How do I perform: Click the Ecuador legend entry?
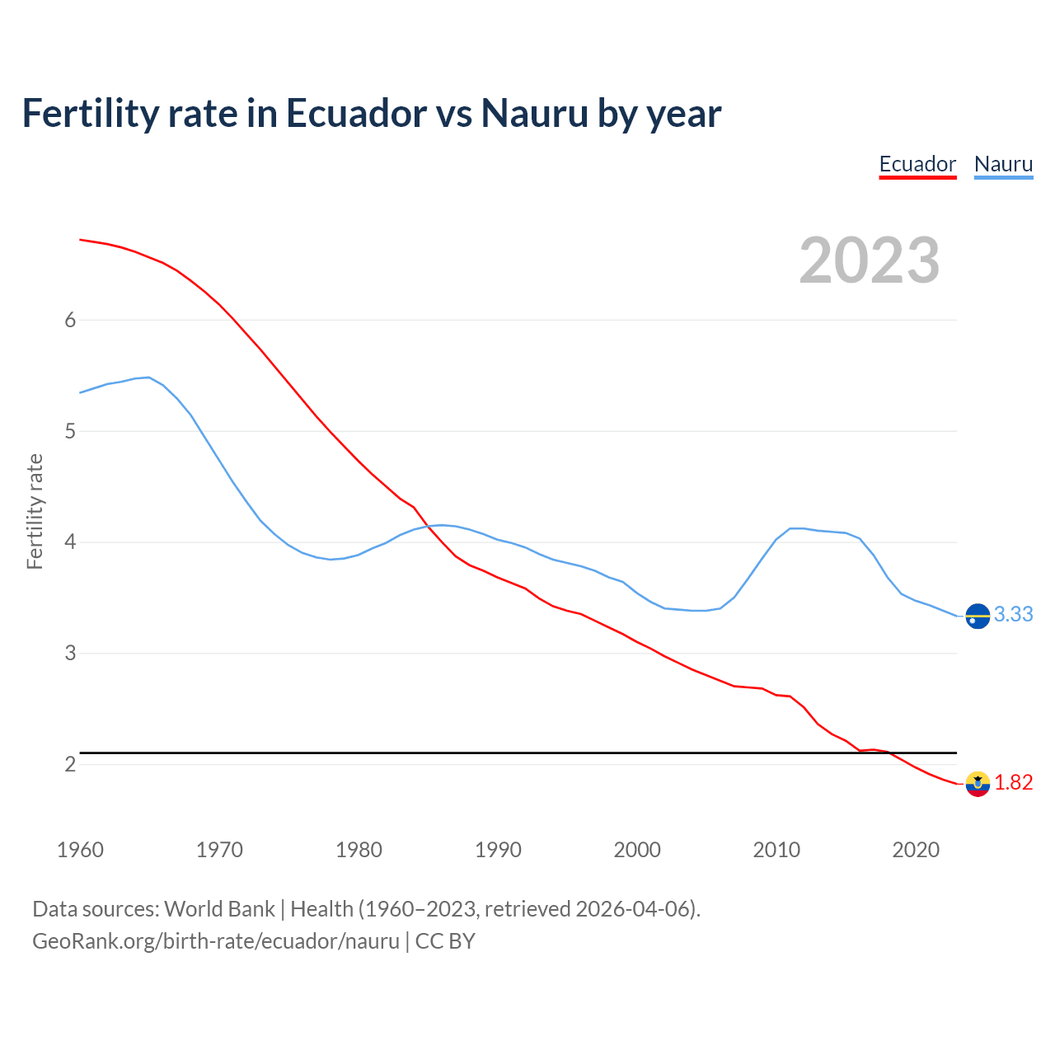coord(917,164)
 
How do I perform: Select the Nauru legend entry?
coord(1003,164)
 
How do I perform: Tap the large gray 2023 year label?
coord(870,260)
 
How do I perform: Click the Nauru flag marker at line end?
coord(978,616)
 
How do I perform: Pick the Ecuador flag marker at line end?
coord(978,784)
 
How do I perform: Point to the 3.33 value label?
coord(1013,615)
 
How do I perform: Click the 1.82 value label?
coord(1013,783)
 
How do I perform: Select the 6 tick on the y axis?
coord(70,320)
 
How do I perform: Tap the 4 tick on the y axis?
coord(70,542)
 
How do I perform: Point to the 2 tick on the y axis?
coord(70,764)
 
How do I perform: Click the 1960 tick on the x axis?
coord(80,850)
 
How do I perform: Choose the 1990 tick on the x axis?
coord(498,850)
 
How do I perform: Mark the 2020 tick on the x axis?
coord(916,850)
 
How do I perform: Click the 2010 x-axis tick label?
coord(776,850)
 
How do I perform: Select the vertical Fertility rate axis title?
coord(35,511)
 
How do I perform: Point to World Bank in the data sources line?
coord(219,909)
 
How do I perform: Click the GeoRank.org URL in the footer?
coord(216,941)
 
